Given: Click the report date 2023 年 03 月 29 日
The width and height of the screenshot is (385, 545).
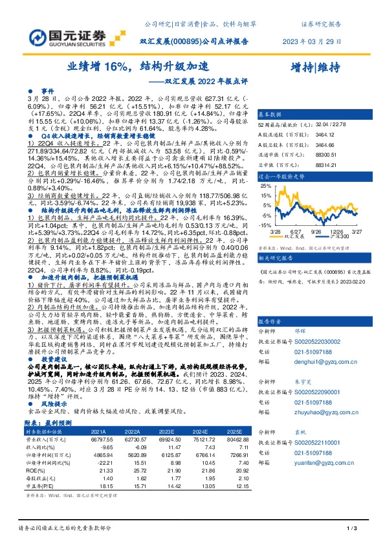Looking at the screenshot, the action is pyautogui.click(x=311, y=41).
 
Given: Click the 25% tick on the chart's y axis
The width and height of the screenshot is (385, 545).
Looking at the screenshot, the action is pyautogui.click(x=264, y=185).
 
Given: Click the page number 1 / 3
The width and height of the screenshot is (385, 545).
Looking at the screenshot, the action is pyautogui.click(x=351, y=529).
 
